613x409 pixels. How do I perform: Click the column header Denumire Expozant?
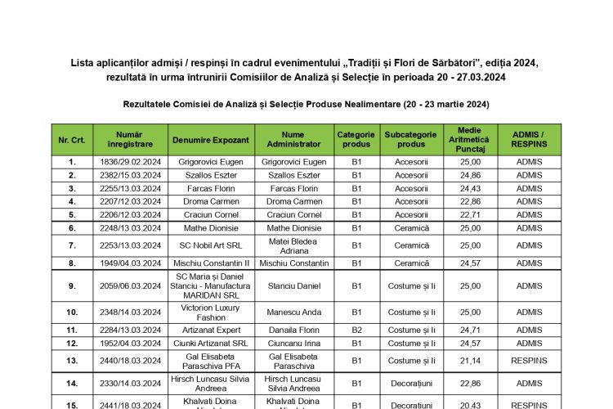tap(212, 140)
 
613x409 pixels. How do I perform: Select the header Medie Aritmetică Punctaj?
tap(470, 140)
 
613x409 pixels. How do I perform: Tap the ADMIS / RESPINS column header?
tap(529, 140)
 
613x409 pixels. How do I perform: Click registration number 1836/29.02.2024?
tap(130, 162)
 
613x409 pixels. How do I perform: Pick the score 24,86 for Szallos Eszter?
tap(470, 175)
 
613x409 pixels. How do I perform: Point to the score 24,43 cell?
tap(470, 188)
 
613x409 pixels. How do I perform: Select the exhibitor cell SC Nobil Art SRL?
tap(212, 245)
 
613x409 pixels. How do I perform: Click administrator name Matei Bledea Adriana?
tap(293, 245)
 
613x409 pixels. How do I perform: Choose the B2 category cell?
tap(356, 330)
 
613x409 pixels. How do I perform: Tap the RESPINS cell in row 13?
tap(529, 360)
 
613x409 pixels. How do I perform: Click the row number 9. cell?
tap(72, 286)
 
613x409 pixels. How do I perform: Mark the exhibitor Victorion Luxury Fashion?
tap(212, 312)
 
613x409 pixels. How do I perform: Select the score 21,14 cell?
tap(470, 360)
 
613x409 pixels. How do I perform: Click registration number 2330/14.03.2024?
tap(130, 382)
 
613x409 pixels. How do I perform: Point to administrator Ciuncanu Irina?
tap(293, 343)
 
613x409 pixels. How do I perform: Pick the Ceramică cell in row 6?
tap(411, 227)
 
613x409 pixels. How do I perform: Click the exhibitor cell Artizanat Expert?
tap(212, 330)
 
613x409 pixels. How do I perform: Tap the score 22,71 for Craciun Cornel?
tap(470, 214)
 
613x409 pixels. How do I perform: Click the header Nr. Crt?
tap(72, 140)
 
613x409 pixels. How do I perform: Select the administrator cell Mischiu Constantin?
tap(293, 263)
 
